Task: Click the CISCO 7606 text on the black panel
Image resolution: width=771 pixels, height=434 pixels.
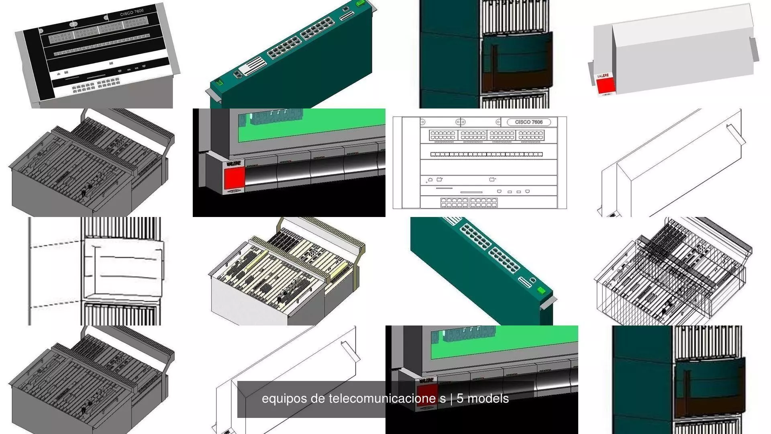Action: coord(132,12)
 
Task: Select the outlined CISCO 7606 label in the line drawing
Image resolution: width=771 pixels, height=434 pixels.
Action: coord(528,122)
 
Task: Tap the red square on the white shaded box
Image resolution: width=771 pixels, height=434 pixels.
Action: coord(606,85)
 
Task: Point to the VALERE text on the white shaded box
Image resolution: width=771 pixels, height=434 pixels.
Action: coord(603,76)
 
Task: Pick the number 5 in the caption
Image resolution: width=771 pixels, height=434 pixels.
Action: coord(460,398)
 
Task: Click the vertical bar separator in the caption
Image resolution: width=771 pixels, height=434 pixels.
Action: coord(451,399)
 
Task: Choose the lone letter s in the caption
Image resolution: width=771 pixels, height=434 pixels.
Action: coord(443,399)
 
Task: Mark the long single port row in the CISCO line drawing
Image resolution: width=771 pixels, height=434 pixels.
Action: coord(486,154)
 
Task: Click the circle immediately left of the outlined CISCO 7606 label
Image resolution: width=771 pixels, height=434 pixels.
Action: coord(498,122)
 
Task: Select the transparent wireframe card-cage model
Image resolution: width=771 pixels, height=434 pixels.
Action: coord(673,272)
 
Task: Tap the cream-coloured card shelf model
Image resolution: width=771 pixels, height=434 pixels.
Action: coord(287,272)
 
